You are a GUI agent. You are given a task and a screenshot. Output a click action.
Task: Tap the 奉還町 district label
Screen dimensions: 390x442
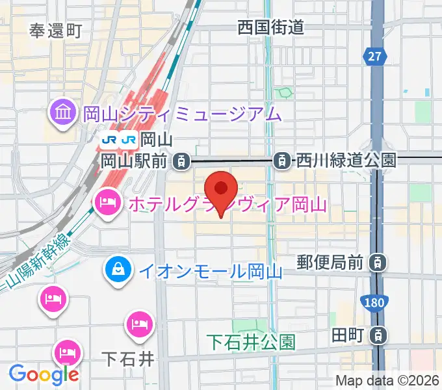[55, 30]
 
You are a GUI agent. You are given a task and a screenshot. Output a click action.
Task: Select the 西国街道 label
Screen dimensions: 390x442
[270, 27]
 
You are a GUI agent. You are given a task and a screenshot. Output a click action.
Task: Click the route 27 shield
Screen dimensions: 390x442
[373, 57]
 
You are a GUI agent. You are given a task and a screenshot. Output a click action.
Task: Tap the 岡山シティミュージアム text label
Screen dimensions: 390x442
[182, 114]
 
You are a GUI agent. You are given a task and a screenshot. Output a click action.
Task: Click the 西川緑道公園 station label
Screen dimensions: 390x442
[345, 159]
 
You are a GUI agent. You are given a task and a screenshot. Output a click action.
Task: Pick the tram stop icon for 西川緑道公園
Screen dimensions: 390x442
[283, 159]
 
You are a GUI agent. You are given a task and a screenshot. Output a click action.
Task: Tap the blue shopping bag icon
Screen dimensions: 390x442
[119, 268]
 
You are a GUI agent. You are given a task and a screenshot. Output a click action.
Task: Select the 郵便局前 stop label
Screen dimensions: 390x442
[330, 263]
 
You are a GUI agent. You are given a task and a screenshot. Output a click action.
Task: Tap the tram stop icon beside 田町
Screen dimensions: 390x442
[377, 335]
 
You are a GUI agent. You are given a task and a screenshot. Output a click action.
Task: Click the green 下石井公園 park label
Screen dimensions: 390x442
[252, 341]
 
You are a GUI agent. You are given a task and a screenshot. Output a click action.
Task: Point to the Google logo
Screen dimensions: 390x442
[44, 374]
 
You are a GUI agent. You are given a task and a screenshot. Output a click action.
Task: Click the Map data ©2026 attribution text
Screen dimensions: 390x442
[387, 381]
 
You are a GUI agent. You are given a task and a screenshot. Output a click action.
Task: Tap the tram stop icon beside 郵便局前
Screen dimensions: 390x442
[376, 263]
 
